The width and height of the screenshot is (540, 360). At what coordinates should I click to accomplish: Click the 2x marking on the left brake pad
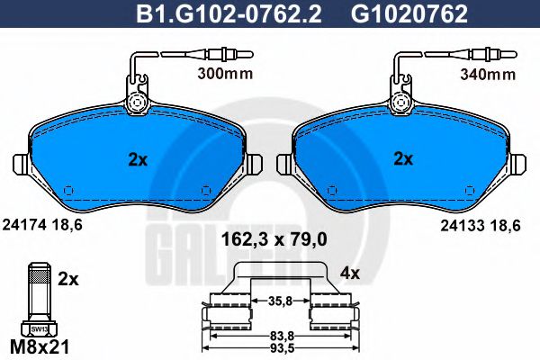point(137,160)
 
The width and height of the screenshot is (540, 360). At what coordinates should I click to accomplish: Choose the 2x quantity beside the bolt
point(67,279)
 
